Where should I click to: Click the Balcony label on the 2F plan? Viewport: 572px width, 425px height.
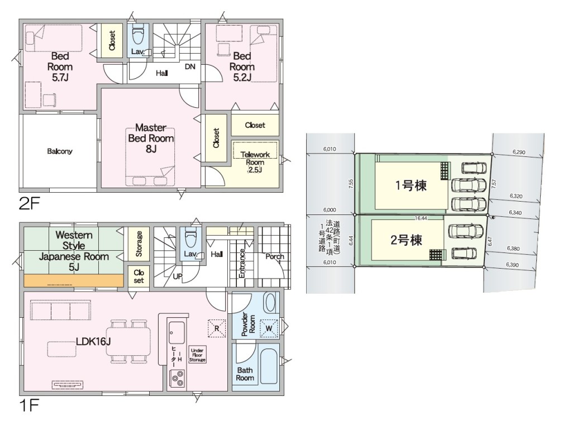click(x=59, y=151)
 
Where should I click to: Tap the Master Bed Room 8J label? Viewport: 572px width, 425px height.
click(x=151, y=139)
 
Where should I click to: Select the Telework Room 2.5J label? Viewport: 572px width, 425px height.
click(x=255, y=162)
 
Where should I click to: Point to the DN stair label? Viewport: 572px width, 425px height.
click(x=190, y=67)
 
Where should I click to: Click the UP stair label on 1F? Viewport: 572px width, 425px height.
click(x=177, y=276)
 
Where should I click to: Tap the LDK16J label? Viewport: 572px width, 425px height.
click(x=93, y=341)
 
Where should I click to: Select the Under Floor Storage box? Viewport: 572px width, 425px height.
click(x=197, y=355)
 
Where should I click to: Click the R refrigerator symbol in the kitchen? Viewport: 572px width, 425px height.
click(x=217, y=328)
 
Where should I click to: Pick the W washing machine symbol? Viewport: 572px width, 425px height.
click(x=269, y=328)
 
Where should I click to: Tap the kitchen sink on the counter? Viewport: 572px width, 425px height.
click(x=177, y=332)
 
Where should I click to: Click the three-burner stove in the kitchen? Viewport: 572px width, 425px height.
click(x=177, y=378)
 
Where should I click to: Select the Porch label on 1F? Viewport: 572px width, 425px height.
click(x=275, y=256)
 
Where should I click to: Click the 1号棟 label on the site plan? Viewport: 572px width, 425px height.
click(x=411, y=185)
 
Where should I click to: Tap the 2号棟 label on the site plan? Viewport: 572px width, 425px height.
click(x=407, y=240)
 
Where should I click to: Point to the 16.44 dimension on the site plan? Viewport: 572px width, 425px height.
click(x=421, y=218)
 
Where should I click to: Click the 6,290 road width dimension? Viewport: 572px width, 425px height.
click(x=519, y=152)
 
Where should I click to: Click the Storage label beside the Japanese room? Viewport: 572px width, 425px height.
click(x=139, y=243)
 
